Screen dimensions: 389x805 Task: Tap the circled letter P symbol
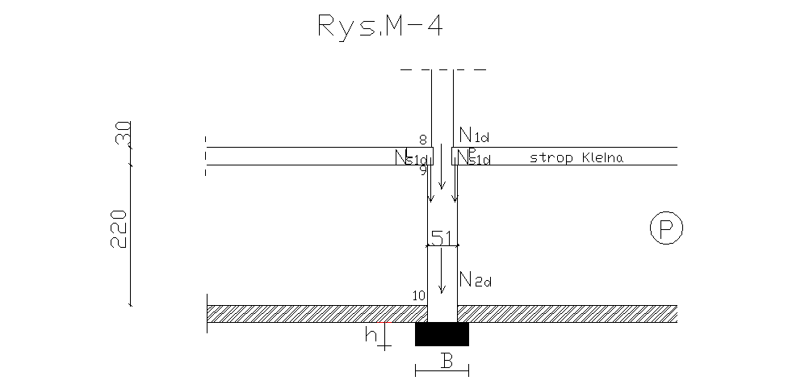(x=666, y=229)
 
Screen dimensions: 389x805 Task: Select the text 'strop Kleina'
(x=576, y=157)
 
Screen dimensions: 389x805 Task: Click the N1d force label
(x=474, y=134)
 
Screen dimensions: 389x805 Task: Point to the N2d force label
(x=475, y=280)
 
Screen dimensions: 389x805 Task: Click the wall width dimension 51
(x=442, y=236)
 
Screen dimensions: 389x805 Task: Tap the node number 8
(x=422, y=140)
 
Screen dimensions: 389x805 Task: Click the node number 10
(x=418, y=295)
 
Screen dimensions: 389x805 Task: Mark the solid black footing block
(x=442, y=333)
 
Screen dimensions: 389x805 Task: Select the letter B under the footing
(x=446, y=361)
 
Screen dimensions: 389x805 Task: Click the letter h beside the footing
(x=371, y=333)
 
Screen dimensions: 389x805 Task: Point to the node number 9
(x=423, y=169)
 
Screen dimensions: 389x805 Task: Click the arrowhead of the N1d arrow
(x=442, y=185)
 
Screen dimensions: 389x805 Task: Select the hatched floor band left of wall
(x=315, y=314)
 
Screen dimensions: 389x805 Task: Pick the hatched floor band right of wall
(x=565, y=314)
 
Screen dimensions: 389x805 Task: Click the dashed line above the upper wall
(x=442, y=70)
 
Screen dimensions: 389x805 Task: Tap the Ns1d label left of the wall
(x=410, y=158)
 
